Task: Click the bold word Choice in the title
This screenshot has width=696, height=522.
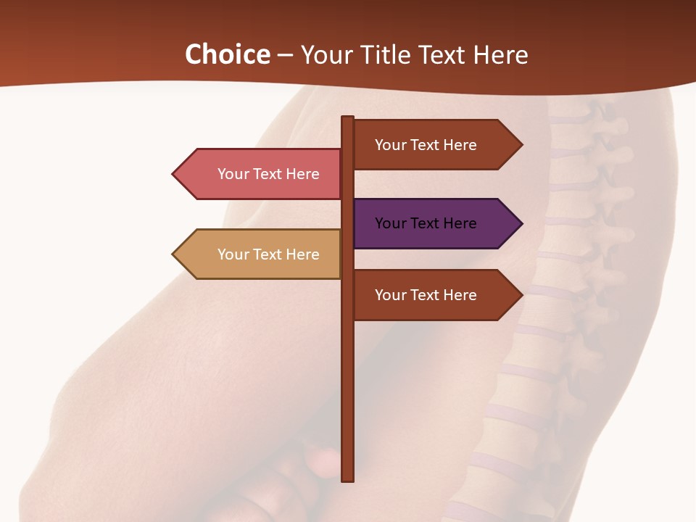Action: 227,55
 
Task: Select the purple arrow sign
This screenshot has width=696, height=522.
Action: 435,223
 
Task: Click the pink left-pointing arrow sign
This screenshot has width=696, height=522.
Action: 261,174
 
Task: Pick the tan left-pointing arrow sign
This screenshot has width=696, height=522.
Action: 261,254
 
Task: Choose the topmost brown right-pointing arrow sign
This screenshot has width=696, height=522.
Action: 435,145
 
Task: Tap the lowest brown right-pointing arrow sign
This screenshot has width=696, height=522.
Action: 435,295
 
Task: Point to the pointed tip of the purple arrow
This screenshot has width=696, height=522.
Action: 521,223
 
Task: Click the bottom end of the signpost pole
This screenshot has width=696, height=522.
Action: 348,478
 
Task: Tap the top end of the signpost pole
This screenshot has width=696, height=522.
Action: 348,118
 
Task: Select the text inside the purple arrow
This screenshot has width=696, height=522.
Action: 426,223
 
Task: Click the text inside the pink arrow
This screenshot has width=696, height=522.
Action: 268,174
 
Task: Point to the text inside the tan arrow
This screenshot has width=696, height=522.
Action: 268,254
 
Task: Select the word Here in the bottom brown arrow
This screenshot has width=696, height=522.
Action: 460,295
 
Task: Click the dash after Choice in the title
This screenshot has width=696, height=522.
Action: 285,56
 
